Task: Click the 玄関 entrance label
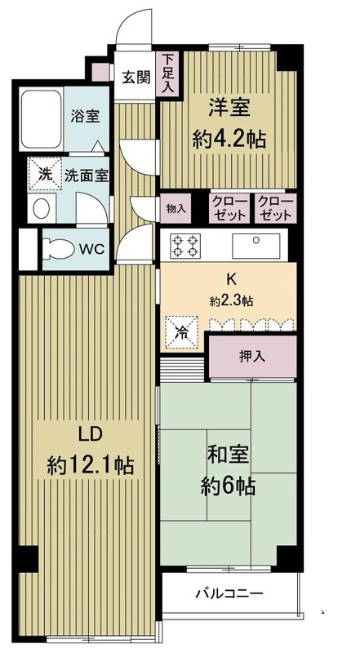point(136,78)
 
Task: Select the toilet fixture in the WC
point(62,248)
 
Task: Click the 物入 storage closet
point(177,208)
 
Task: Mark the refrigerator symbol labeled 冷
point(180,332)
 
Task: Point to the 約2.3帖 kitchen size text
point(231,301)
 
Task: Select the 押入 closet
point(251,358)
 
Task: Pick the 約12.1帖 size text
point(90,466)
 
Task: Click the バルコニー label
point(228,593)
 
